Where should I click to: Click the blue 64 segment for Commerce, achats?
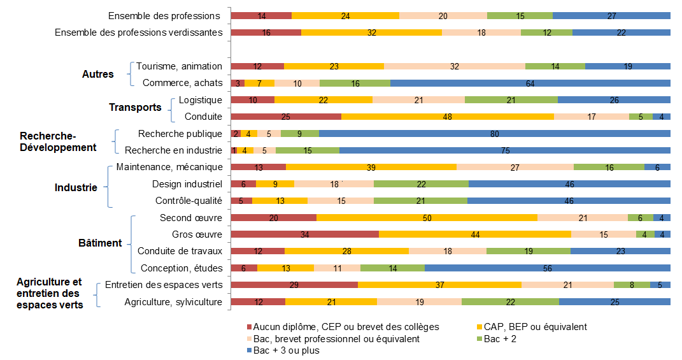point(530,83)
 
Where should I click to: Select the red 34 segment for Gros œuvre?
point(304,234)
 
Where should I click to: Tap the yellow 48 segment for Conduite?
point(447,117)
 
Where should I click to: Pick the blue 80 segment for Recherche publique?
point(494,134)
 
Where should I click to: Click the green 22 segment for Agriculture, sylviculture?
point(510,302)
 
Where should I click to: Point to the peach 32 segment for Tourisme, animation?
point(454,66)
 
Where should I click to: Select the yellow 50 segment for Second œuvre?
point(427,218)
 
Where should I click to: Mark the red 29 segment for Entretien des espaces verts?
point(294,285)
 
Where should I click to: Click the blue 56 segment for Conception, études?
point(547,268)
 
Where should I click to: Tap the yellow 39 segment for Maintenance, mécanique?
point(371,167)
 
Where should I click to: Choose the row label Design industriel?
point(187,184)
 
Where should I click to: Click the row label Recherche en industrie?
point(173,150)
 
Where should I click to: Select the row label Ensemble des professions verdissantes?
point(139,32)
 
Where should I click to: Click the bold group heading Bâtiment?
point(100,243)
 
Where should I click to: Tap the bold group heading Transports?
point(135,107)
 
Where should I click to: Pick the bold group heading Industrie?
point(76,187)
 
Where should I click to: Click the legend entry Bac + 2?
point(500,339)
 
